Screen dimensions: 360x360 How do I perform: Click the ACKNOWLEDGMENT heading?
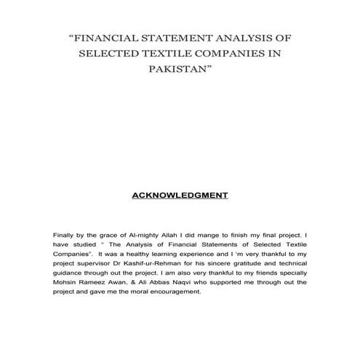(180, 195)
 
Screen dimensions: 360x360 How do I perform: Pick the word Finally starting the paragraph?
(65, 236)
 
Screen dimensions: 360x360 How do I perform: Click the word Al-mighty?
(144, 236)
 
